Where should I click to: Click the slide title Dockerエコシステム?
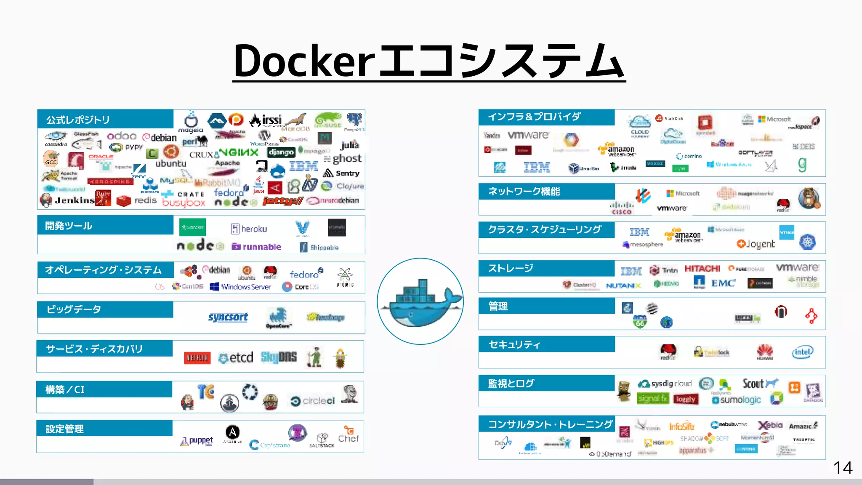[x=429, y=61]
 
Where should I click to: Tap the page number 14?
[x=843, y=468]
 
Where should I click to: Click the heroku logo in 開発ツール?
[x=249, y=229]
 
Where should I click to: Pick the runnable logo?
[x=257, y=247]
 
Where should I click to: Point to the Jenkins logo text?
[x=74, y=200]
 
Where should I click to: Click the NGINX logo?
[x=239, y=152]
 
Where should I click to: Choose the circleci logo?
[x=313, y=401]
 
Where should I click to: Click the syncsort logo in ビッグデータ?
[x=228, y=317]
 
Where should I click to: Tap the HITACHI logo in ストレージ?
[x=702, y=269]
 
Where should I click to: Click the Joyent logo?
[x=756, y=244]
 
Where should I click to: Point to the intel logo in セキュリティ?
[x=802, y=352]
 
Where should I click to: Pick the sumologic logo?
[x=737, y=400]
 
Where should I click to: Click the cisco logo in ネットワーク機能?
[x=622, y=208]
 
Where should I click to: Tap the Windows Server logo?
[x=240, y=287]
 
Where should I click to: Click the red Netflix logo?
[x=197, y=358]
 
